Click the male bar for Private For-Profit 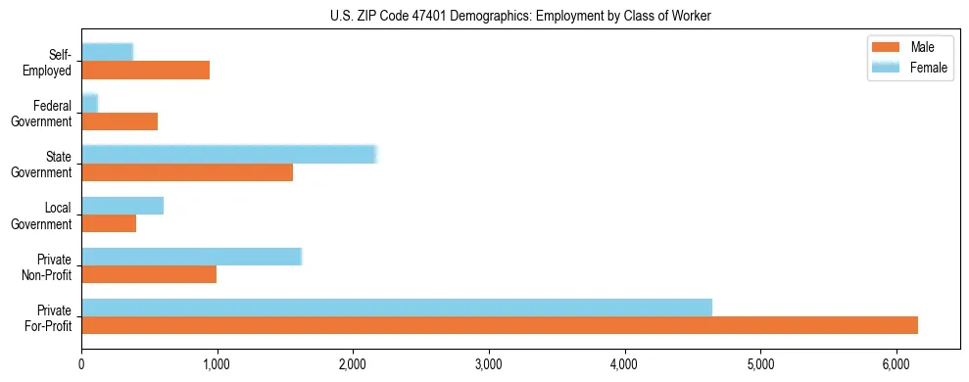pos(500,325)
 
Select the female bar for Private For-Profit pos(397,308)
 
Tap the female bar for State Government pos(229,154)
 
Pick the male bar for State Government pos(187,172)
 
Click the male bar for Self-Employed pos(146,71)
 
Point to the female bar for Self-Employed pos(108,52)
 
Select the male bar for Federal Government pos(120,121)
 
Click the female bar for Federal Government pos(90,103)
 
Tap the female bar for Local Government pos(122,206)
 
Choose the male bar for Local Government pos(109,223)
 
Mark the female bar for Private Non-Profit pos(191,257)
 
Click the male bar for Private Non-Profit pos(149,274)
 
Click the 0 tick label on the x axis pos(82,364)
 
